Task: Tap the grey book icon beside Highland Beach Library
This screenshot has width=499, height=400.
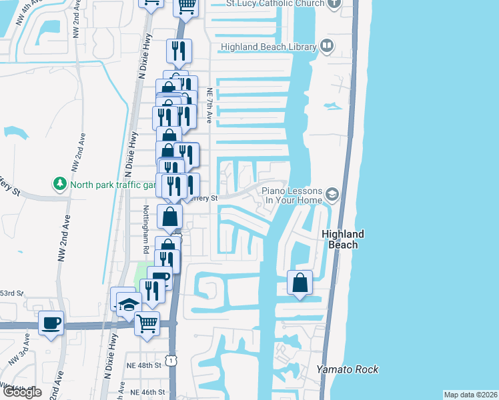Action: [327, 45]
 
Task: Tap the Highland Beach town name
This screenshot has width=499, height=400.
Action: [343, 239]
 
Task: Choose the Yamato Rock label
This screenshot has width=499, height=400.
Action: [347, 369]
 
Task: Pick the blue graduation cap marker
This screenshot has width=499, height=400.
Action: [128, 304]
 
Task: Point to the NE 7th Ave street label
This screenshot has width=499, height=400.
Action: [209, 106]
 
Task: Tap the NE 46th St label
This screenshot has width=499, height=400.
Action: [146, 393]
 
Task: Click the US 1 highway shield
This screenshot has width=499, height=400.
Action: [172, 361]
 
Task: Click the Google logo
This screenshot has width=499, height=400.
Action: [22, 392]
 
